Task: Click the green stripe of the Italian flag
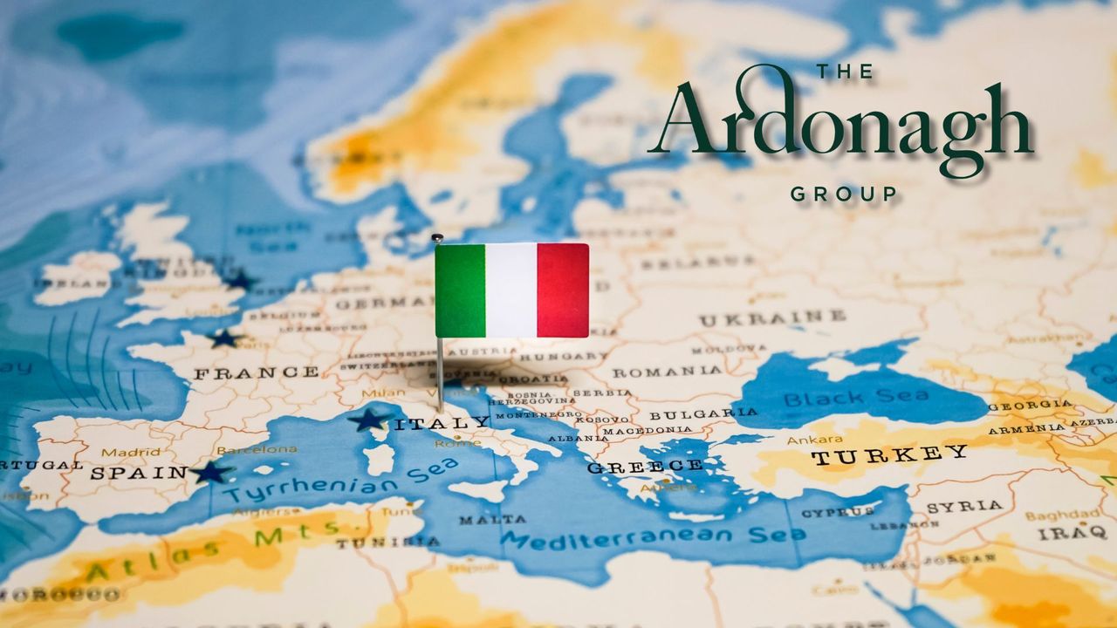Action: tap(460, 290)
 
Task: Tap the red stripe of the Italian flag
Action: tap(563, 290)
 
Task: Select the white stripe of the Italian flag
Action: tap(511, 290)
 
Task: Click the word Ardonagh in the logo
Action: tap(840, 126)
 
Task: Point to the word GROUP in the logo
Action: tap(843, 194)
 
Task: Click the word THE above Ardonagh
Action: tap(844, 72)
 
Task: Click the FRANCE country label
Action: tap(256, 372)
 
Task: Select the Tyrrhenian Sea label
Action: tap(340, 481)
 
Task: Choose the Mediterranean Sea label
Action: tap(652, 536)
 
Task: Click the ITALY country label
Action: tap(442, 423)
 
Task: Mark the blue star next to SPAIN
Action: tap(210, 473)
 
